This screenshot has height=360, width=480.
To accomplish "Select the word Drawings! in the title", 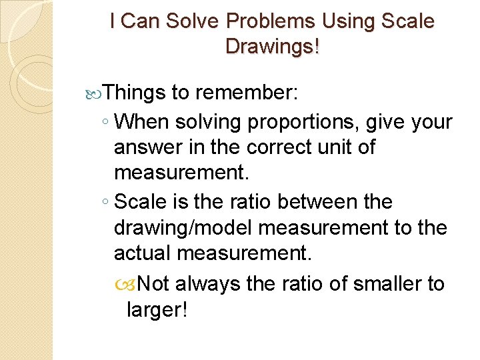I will click(x=273, y=47).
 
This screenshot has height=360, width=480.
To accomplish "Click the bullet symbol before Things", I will click(x=97, y=93).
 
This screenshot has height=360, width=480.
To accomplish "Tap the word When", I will click(x=142, y=122).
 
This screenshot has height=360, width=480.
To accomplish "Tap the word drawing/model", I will click(x=183, y=228).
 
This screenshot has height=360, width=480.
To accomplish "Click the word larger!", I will click(x=155, y=311).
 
